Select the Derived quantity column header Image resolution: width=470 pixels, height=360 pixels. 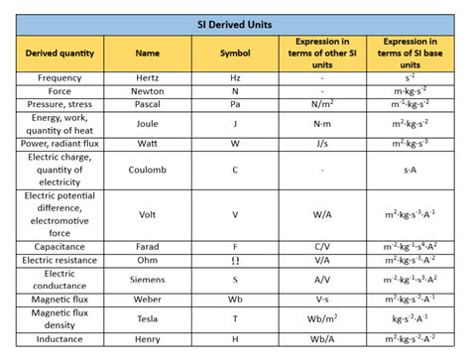pos(59,53)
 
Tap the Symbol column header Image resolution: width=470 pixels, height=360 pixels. pos(234,53)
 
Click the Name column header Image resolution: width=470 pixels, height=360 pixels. pos(147,53)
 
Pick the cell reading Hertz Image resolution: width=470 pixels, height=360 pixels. pos(147,77)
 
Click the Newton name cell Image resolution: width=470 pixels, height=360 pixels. pos(147,90)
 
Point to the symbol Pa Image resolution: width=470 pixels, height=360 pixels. pos(234,103)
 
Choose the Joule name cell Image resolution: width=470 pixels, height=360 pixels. pos(147,124)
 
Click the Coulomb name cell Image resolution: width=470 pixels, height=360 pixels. pos(147,170)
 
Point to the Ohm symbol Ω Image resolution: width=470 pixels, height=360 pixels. pos(234,259)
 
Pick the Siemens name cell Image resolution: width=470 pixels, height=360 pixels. pos(147,279)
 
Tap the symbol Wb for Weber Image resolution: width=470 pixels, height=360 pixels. pos(234,298)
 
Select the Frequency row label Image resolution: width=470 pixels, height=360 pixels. pos(59,77)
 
